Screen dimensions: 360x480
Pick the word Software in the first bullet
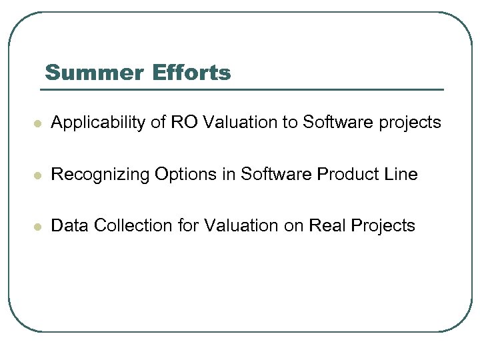(331, 123)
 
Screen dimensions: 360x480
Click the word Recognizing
(101, 175)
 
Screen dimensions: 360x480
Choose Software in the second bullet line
(269, 175)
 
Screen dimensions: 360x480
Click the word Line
(401, 175)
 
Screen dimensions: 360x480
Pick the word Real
(323, 226)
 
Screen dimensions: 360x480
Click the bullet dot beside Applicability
(39, 124)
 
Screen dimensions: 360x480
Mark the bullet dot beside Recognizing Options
(39, 176)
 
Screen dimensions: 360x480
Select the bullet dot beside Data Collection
(39, 227)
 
